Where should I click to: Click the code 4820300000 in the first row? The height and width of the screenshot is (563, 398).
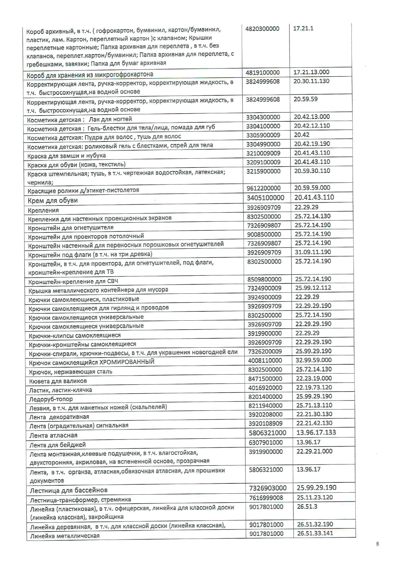pyautogui.click(x=262, y=29)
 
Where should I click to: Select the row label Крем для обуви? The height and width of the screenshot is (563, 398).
pyautogui.click(x=53, y=201)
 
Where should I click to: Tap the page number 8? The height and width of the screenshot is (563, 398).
pyautogui.click(x=377, y=544)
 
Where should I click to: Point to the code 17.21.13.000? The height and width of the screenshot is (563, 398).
pyautogui.click(x=311, y=72)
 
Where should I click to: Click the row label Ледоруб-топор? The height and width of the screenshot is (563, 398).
pyautogui.click(x=51, y=399)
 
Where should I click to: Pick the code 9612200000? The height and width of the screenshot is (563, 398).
pyautogui.click(x=264, y=188)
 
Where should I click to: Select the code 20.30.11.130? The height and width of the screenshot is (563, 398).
pyautogui.click(x=311, y=81)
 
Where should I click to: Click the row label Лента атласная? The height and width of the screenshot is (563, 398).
pyautogui.click(x=53, y=435)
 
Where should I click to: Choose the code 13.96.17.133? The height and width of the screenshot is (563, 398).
pyautogui.click(x=316, y=432)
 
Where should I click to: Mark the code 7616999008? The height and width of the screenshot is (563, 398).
pyautogui.click(x=266, y=498)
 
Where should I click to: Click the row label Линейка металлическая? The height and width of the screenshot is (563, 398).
pyautogui.click(x=65, y=536)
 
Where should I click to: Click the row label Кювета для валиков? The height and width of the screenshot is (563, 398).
pyautogui.click(x=58, y=381)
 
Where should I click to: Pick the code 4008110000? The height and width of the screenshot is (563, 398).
pyautogui.click(x=265, y=360)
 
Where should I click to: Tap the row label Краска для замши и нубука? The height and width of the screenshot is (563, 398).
pyautogui.click(x=66, y=155)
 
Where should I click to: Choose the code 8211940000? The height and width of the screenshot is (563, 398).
pyautogui.click(x=265, y=405)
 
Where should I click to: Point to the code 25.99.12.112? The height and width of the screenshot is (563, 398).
pyautogui.click(x=313, y=288)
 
